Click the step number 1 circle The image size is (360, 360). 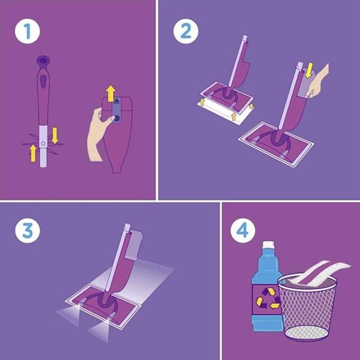[x=28, y=31]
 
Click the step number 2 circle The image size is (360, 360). [x=186, y=31]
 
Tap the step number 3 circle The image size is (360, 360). [x=28, y=230]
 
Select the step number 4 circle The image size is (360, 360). [x=242, y=230]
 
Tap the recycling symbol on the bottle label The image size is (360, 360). [x=268, y=298]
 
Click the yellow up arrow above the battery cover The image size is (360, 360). [x=110, y=93]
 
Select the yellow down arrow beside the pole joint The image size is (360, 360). [x=55, y=136]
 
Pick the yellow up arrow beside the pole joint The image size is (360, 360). [x=33, y=153]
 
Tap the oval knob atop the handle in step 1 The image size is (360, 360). [x=43, y=60]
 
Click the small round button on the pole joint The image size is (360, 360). [x=43, y=143]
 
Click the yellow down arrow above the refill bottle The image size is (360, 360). [x=310, y=70]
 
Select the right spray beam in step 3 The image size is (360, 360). [x=100, y=331]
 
